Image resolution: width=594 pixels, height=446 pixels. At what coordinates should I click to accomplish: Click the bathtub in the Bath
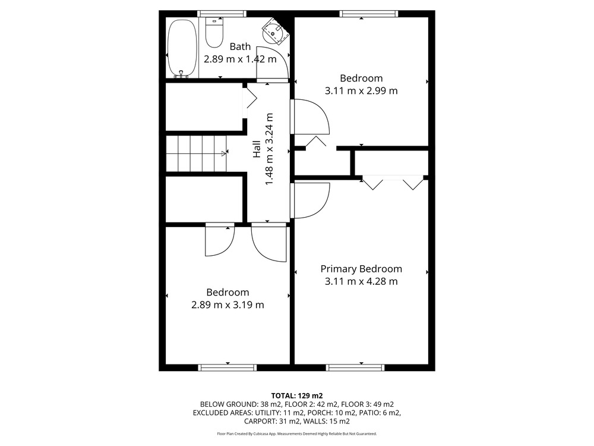click(182, 49)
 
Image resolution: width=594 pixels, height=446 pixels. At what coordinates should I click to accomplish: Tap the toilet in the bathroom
click(214, 33)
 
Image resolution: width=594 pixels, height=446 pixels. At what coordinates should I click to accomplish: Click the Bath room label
click(240, 46)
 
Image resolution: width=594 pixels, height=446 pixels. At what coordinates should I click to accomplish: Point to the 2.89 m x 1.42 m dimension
click(240, 59)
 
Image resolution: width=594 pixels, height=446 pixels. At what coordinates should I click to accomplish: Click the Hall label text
click(257, 149)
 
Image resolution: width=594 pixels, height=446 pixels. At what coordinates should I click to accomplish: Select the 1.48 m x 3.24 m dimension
click(269, 149)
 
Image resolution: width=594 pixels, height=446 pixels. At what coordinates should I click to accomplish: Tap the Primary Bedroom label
click(361, 269)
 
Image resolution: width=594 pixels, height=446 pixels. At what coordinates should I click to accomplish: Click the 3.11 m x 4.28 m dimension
click(361, 281)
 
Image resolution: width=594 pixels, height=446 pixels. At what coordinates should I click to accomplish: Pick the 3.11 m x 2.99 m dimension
click(361, 90)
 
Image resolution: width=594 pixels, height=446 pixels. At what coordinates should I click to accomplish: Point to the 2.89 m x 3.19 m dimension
click(228, 305)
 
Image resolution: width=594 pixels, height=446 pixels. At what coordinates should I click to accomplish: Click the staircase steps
click(196, 153)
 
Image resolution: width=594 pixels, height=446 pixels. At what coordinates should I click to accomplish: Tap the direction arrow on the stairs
click(223, 153)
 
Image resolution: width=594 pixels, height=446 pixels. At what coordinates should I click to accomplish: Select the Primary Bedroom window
click(355, 367)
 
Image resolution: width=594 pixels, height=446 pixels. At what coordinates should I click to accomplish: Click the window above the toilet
click(222, 14)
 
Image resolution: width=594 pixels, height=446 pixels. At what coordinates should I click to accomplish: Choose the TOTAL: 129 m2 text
click(296, 396)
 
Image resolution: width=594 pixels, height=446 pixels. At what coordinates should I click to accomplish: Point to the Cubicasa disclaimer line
click(296, 434)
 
